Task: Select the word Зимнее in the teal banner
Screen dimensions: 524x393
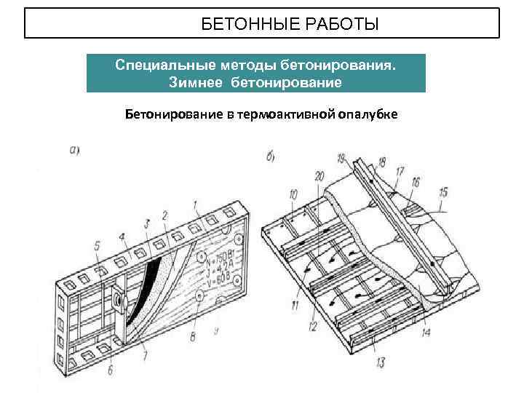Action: pos(197,82)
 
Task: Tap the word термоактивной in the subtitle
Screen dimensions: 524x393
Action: pos(287,114)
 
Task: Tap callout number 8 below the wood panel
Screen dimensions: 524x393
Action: pos(192,336)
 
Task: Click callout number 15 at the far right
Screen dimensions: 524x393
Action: pos(444,193)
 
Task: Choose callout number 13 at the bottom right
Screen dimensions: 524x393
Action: pos(381,362)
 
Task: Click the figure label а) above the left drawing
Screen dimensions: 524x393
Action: pos(74,151)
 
